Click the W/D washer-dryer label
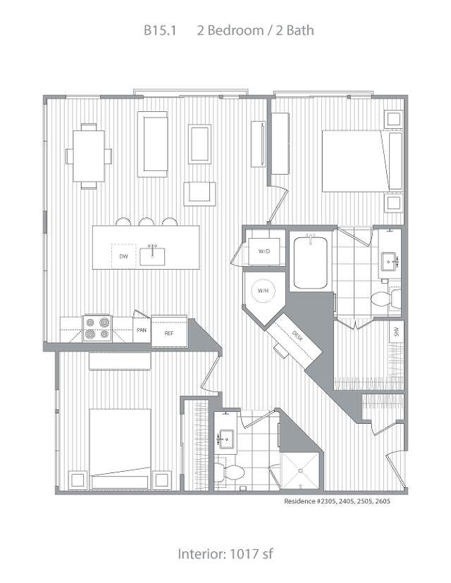pos(264,251)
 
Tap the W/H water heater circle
pos(263,290)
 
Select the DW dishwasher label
pos(123,256)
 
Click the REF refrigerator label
pos(169,333)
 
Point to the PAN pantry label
pos(142,330)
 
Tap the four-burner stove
pos(97,328)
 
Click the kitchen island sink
pos(152,256)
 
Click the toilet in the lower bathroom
pos(229,472)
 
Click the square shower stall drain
pos(301,471)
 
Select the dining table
pos(89,156)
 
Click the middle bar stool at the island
pos(147,222)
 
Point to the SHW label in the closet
pos(396,332)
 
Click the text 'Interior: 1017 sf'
pos(225,553)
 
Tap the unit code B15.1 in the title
pos(160,30)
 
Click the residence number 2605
pos(383,501)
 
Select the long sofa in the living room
pos(152,144)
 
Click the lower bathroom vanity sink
pos(226,439)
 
